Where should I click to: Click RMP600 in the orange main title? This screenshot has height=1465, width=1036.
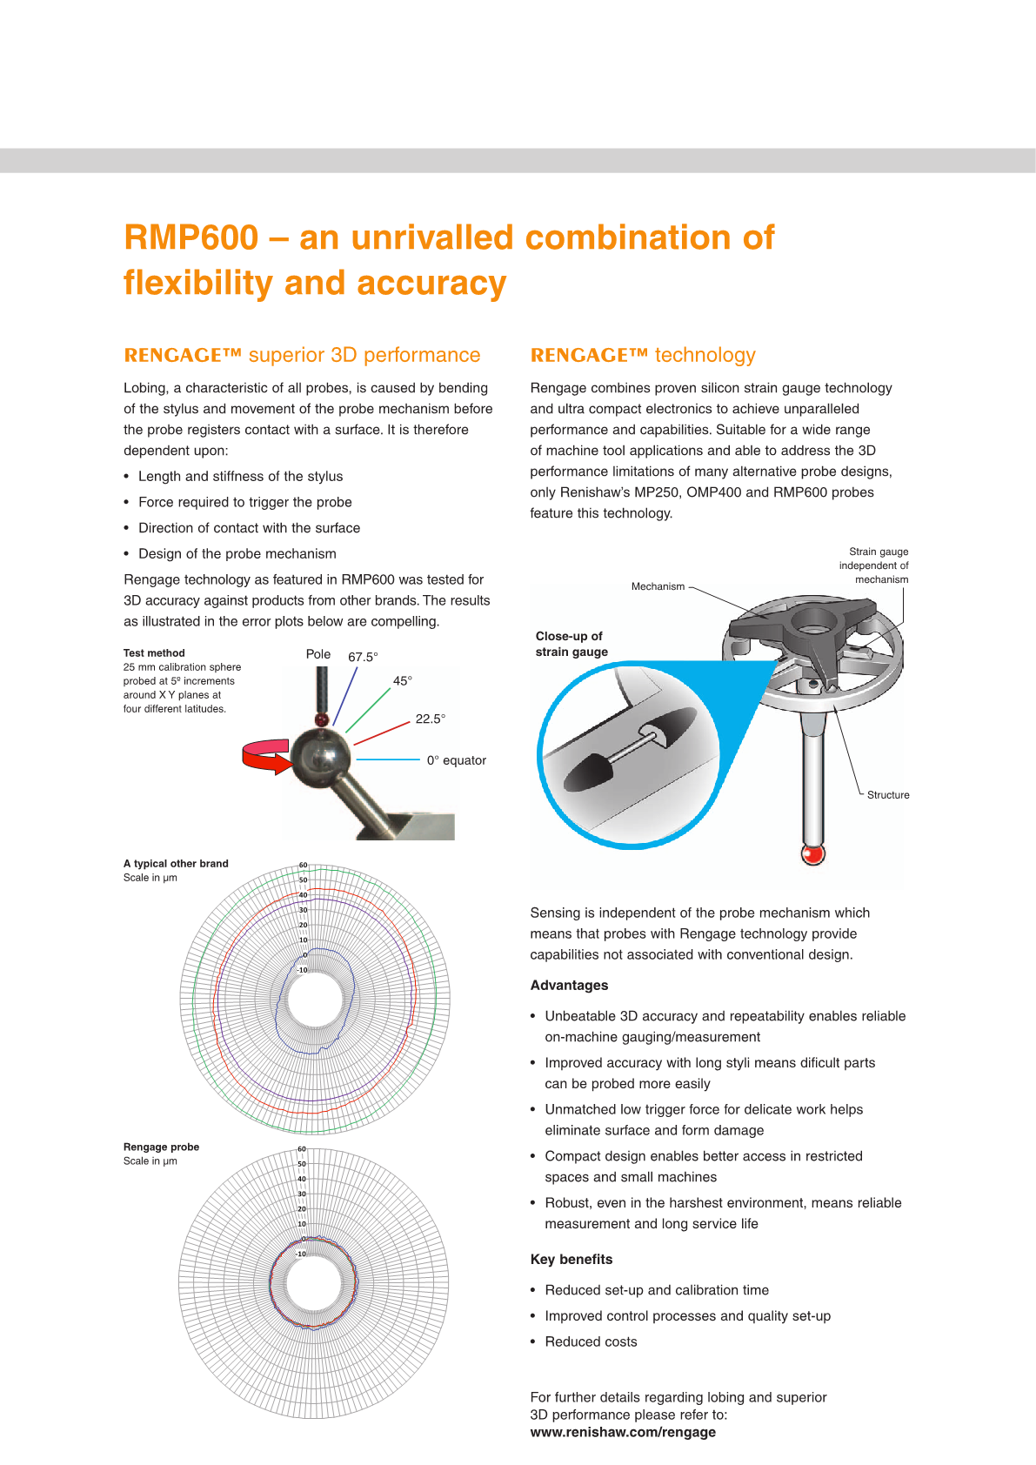[x=191, y=237]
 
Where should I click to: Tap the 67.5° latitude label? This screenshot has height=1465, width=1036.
[x=363, y=657]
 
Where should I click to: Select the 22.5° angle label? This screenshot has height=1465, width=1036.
[x=430, y=719]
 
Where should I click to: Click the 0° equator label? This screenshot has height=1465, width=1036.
[x=456, y=760]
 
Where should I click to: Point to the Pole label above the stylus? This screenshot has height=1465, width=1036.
[x=318, y=654]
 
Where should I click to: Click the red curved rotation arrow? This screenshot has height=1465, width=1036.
[x=265, y=755]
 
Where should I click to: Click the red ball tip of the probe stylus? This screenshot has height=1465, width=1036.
[x=812, y=854]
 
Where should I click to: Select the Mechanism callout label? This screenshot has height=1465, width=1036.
[x=658, y=586]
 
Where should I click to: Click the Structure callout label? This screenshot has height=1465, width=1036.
[x=888, y=795]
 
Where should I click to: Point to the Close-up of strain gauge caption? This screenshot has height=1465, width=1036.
[x=571, y=644]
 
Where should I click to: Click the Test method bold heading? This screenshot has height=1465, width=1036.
[x=154, y=653]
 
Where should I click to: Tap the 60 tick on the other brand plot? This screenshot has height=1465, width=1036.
[x=303, y=866]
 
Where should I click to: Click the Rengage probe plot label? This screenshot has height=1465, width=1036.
[x=161, y=1147]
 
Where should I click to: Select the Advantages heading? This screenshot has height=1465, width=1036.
[x=569, y=986]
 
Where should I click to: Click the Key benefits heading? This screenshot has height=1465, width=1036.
[x=571, y=1260]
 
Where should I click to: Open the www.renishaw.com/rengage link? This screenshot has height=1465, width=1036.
[x=623, y=1432]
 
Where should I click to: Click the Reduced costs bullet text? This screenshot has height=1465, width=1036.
[x=591, y=1342]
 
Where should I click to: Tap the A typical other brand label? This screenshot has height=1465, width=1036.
[x=176, y=864]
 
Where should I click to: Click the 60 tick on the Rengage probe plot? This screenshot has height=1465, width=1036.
[x=302, y=1149]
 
